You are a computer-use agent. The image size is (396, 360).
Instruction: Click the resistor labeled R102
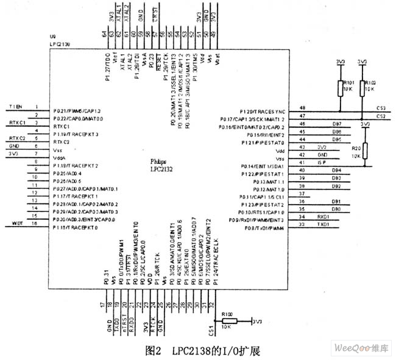pyautogui.click(x=362, y=88)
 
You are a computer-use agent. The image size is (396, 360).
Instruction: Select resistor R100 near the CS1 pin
pyautogui.click(x=227, y=320)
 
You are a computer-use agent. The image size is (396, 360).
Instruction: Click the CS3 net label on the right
pyautogui.click(x=380, y=108)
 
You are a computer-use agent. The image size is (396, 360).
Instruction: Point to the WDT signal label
pyautogui.click(x=16, y=225)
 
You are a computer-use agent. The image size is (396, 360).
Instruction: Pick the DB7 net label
pyautogui.click(x=336, y=124)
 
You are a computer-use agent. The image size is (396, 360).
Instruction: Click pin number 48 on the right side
pyautogui.click(x=303, y=108)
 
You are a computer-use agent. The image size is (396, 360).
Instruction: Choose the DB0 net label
pyautogui.click(x=335, y=209)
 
